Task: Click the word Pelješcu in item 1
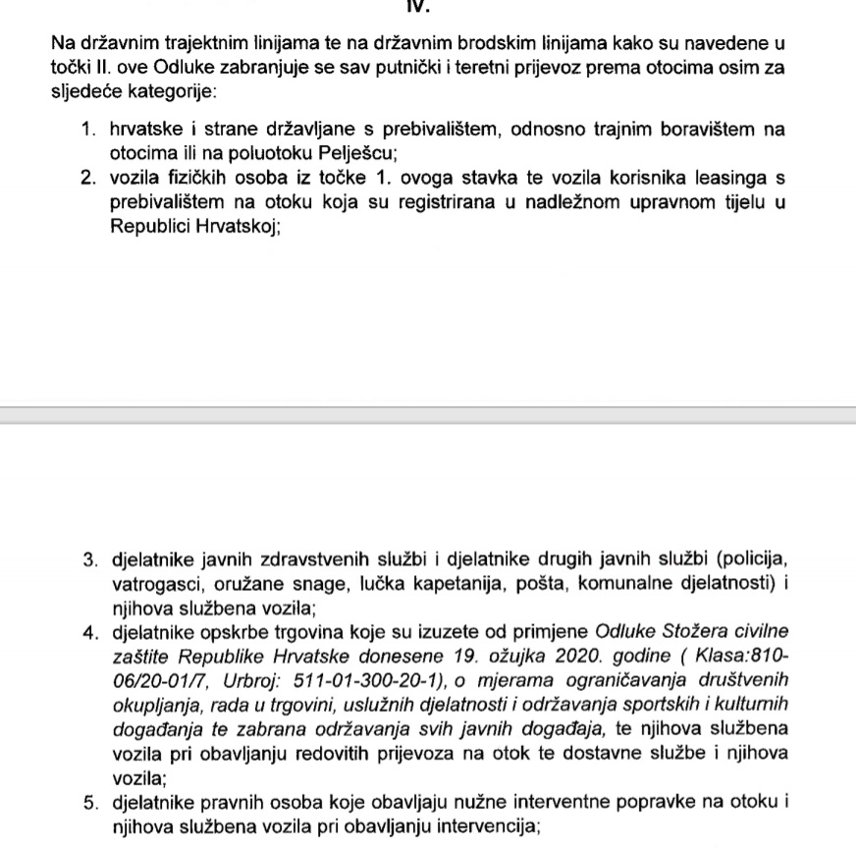tap(360, 152)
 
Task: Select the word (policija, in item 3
tap(752, 560)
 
